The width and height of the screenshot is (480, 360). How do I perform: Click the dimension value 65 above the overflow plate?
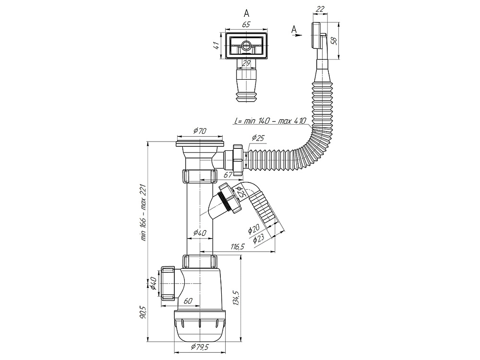pyautogui.click(x=246, y=24)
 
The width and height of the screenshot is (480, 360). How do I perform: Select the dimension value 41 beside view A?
pyautogui.click(x=216, y=46)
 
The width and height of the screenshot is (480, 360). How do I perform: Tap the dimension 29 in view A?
pyautogui.click(x=246, y=63)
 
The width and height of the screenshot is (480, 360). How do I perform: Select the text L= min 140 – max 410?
pyautogui.click(x=270, y=121)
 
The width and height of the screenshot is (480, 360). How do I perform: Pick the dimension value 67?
pyautogui.click(x=228, y=175)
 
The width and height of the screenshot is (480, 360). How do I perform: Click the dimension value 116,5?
pyautogui.click(x=238, y=247)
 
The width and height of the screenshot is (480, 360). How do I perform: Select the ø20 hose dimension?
pyautogui.click(x=254, y=229)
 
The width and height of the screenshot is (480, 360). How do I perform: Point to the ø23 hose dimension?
pyautogui.click(x=259, y=239)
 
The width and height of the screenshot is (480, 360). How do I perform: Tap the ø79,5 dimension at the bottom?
pyautogui.click(x=200, y=347)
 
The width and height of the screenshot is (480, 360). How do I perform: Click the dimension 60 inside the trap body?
pyautogui.click(x=188, y=301)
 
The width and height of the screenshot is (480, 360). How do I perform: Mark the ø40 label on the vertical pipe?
pyautogui.click(x=199, y=233)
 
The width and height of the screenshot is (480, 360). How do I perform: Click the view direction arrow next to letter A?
pyautogui.click(x=297, y=36)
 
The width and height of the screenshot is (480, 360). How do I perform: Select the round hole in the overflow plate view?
pyautogui.click(x=246, y=46)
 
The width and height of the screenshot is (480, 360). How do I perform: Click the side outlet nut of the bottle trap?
pyautogui.click(x=167, y=283)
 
